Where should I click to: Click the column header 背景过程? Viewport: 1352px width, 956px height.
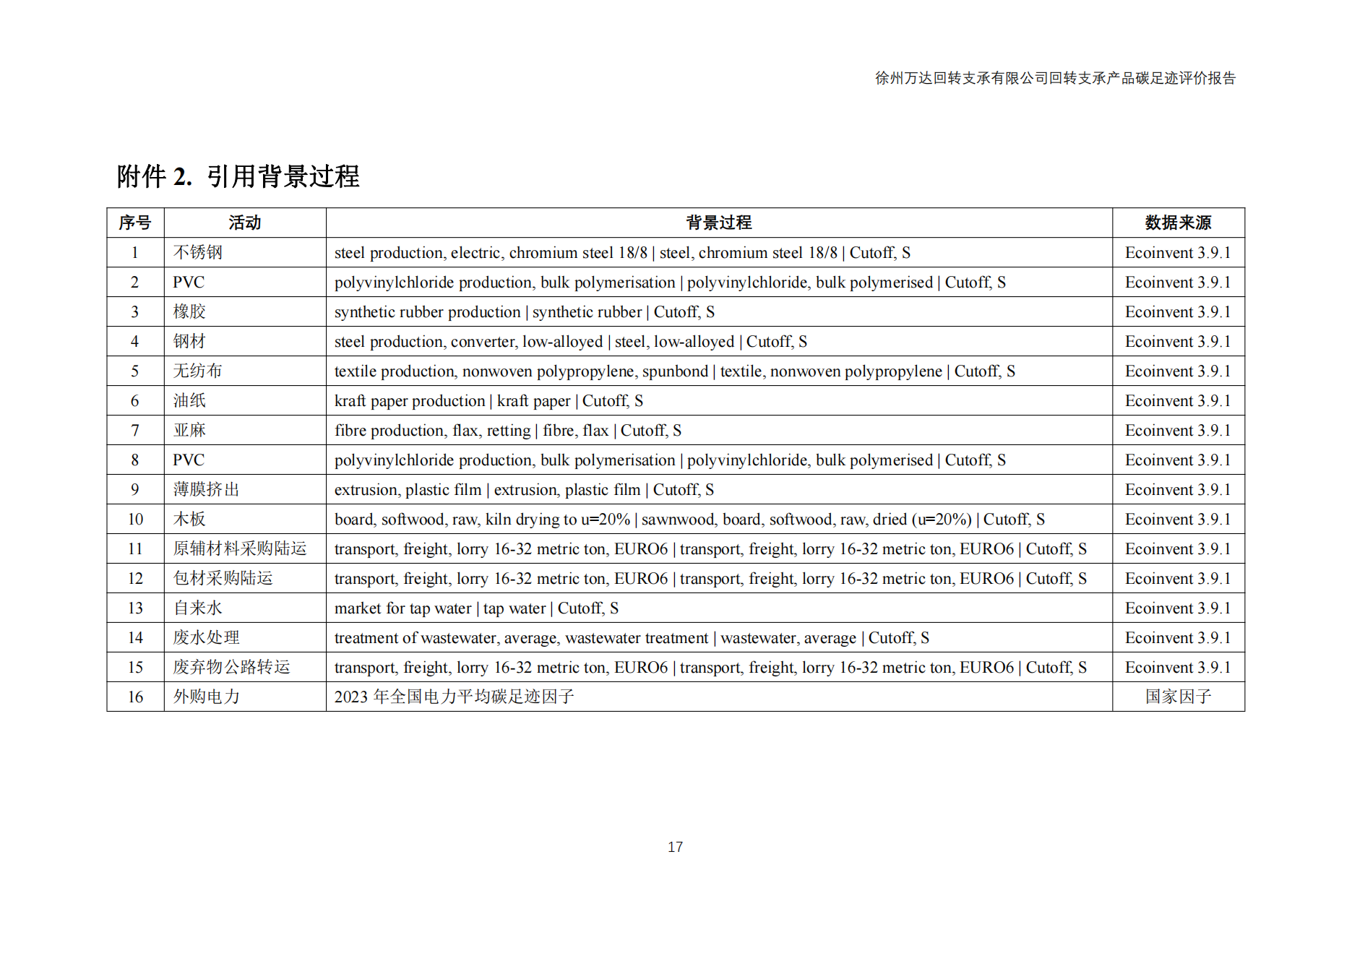click(718, 223)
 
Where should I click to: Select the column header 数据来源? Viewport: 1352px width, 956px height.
click(1177, 223)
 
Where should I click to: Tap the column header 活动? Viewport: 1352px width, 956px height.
click(244, 223)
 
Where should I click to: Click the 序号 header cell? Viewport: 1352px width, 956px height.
click(135, 223)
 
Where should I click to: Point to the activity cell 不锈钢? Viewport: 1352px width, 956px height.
click(198, 252)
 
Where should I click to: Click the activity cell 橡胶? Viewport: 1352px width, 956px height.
click(189, 311)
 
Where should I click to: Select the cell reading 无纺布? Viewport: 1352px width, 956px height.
click(198, 371)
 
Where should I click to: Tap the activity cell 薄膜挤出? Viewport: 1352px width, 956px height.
click(206, 489)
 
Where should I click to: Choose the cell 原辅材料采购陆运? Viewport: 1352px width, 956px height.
click(240, 548)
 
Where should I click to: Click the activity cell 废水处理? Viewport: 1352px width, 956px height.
click(206, 637)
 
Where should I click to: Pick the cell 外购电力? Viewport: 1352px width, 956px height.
click(206, 697)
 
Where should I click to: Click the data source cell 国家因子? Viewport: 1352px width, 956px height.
click(1178, 697)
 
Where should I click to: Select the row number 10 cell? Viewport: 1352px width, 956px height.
click(135, 519)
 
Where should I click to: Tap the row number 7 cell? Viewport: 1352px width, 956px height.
click(135, 430)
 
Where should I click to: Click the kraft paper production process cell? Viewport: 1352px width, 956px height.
click(488, 400)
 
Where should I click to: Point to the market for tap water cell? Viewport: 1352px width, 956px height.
click(476, 608)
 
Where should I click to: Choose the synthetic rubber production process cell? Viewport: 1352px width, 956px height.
click(524, 311)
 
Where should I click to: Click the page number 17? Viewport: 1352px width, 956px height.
click(675, 847)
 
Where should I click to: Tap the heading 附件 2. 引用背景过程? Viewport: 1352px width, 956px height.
click(238, 176)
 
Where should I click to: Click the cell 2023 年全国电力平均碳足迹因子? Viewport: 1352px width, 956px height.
click(454, 697)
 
